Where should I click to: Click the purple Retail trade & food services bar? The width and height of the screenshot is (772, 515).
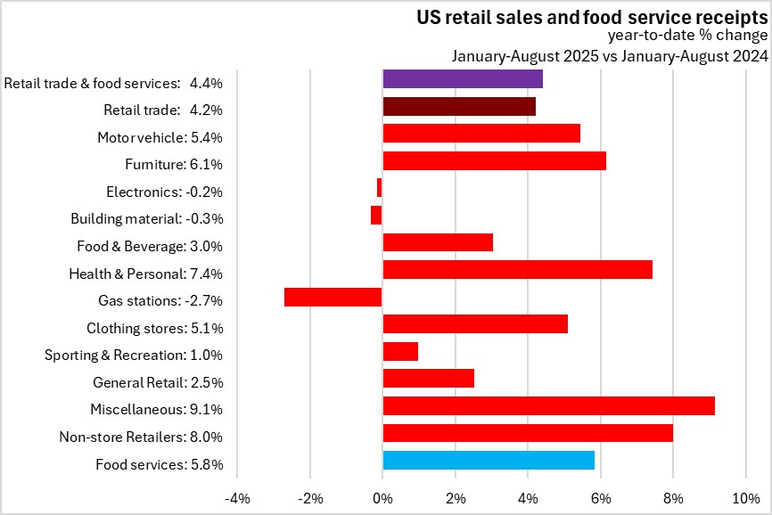point(462,78)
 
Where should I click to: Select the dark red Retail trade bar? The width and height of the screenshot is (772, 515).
point(458,106)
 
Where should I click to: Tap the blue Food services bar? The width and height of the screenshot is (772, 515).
point(488,460)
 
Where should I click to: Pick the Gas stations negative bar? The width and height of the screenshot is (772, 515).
point(333,297)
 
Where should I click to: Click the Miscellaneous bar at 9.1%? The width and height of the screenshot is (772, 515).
point(548,405)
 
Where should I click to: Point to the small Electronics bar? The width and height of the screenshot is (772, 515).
point(379,188)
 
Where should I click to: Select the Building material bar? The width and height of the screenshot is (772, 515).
point(376,215)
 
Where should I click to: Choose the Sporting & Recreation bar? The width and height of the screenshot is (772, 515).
point(399,351)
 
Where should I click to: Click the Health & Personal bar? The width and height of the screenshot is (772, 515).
point(517,269)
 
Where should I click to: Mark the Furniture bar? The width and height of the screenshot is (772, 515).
point(494,160)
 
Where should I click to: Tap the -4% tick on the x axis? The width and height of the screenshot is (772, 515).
point(237,497)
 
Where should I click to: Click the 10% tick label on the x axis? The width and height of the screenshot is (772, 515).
point(745,497)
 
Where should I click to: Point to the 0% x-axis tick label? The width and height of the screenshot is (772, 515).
point(382,497)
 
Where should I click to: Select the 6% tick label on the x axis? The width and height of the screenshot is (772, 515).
point(601,497)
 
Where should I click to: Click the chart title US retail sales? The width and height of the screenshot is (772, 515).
point(592,17)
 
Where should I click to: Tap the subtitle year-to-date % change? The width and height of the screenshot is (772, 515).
point(687,37)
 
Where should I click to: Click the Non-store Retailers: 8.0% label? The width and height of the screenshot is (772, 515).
point(141,437)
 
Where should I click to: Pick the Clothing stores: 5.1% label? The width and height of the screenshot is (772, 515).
point(154,328)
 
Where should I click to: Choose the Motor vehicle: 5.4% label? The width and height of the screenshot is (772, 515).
point(160,137)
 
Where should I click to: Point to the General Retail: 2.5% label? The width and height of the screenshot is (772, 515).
point(158,382)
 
